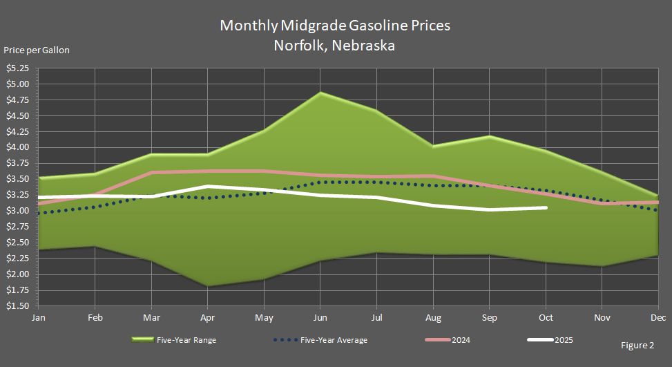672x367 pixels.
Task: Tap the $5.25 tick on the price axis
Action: [x=18, y=68]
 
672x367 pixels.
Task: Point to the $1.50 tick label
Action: [x=18, y=305]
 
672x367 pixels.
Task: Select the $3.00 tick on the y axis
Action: [x=18, y=211]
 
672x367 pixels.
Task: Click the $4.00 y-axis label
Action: [x=18, y=147]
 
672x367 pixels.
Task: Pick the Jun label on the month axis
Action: [x=319, y=317]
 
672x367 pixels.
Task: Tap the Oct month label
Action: [x=546, y=317]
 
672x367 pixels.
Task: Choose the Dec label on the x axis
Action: [x=658, y=317]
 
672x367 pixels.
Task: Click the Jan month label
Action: [x=39, y=317]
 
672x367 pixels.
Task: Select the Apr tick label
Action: [x=207, y=317]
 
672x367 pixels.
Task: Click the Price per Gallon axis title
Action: [x=36, y=50]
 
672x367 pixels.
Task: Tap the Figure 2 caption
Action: [x=636, y=345]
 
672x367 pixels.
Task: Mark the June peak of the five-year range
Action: [x=320, y=93]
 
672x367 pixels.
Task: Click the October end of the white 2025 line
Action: [x=546, y=207]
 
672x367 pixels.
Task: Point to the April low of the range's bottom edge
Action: [x=207, y=285]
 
